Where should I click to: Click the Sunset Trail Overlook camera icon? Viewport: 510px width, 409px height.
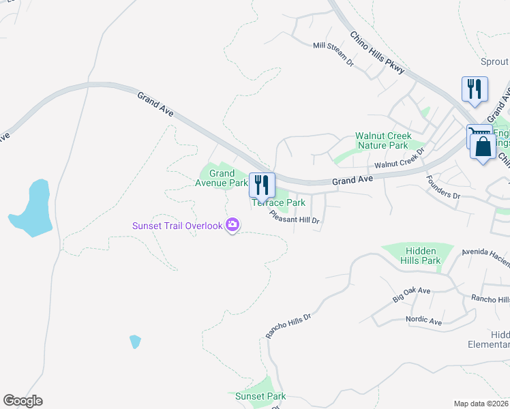coord(232,225)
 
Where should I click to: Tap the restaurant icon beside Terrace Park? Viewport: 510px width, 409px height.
coord(262,185)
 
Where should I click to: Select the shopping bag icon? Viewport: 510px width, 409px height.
coord(483,147)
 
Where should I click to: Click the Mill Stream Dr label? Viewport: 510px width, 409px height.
coord(333,55)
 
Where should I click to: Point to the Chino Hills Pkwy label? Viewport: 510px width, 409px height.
coord(377,52)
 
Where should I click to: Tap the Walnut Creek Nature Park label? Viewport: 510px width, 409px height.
coord(382,140)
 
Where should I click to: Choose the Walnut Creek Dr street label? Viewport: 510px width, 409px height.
coord(400,161)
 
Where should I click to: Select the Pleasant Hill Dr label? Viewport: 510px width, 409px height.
coord(295,217)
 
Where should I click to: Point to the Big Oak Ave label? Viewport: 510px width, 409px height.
coord(412,295)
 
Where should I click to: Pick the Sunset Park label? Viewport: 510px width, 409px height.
coord(260,396)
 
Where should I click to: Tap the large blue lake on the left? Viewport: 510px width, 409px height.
coord(32,207)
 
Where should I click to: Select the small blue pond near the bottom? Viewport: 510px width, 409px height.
coord(135,342)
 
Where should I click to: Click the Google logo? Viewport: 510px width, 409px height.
coord(22,401)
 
